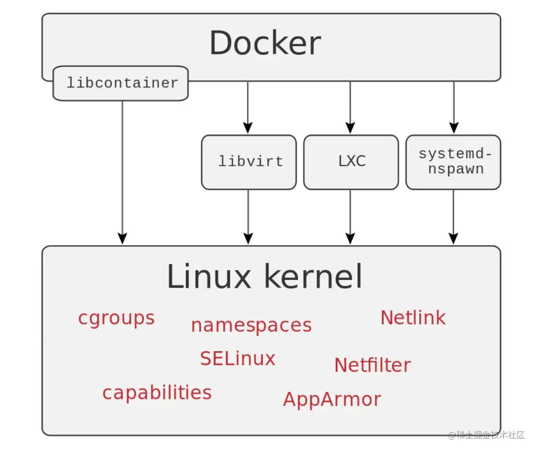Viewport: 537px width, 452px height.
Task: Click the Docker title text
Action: (265, 43)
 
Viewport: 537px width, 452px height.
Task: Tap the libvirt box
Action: (249, 161)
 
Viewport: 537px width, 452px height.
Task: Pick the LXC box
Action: (351, 161)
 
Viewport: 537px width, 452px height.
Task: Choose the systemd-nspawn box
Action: (453, 161)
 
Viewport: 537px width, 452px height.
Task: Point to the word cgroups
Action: (116, 318)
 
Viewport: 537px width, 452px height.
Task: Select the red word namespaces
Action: (251, 325)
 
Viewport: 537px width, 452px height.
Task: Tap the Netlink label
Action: (413, 318)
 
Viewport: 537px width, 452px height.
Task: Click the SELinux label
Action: (237, 358)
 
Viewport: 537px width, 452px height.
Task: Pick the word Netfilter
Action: (372, 366)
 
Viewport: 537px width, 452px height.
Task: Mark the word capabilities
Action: (157, 393)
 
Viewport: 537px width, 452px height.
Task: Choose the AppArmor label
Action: (332, 399)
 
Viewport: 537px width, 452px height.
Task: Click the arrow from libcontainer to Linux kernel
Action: (122, 172)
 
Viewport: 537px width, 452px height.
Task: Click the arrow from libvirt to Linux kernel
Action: (248, 217)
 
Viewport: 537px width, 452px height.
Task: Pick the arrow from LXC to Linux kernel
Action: (350, 217)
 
